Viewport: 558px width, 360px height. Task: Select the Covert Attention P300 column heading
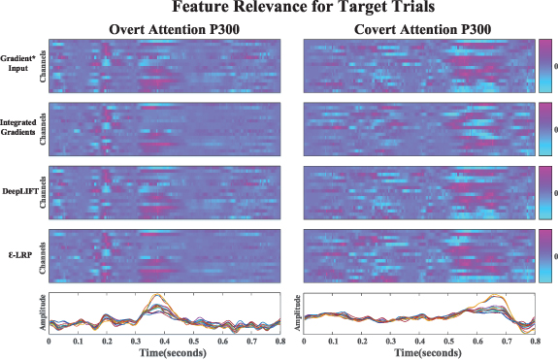coord(419,28)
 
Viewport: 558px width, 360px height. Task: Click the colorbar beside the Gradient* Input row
coord(544,66)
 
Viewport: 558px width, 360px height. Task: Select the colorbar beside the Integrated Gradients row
coord(544,129)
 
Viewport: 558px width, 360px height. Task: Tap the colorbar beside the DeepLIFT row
coord(544,193)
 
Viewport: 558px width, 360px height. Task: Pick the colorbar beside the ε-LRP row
coord(544,256)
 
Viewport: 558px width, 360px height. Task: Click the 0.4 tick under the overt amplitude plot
coord(165,343)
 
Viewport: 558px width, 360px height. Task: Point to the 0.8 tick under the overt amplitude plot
coord(280,343)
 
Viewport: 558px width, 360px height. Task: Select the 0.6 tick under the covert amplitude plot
coord(476,343)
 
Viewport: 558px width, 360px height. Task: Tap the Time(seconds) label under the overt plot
coord(166,353)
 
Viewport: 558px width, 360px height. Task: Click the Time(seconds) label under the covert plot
coord(419,353)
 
